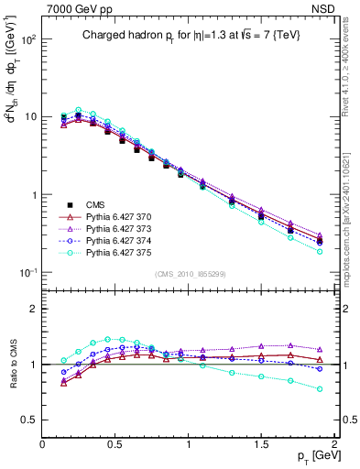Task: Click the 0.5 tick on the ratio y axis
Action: tap(31, 420)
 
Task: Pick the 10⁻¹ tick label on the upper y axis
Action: tap(29, 273)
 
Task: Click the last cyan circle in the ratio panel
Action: tap(320, 388)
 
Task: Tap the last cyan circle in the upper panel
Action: tap(320, 251)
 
